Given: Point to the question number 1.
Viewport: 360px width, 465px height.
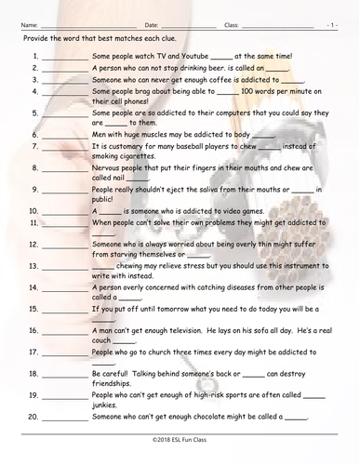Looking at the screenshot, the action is coord(33,56).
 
